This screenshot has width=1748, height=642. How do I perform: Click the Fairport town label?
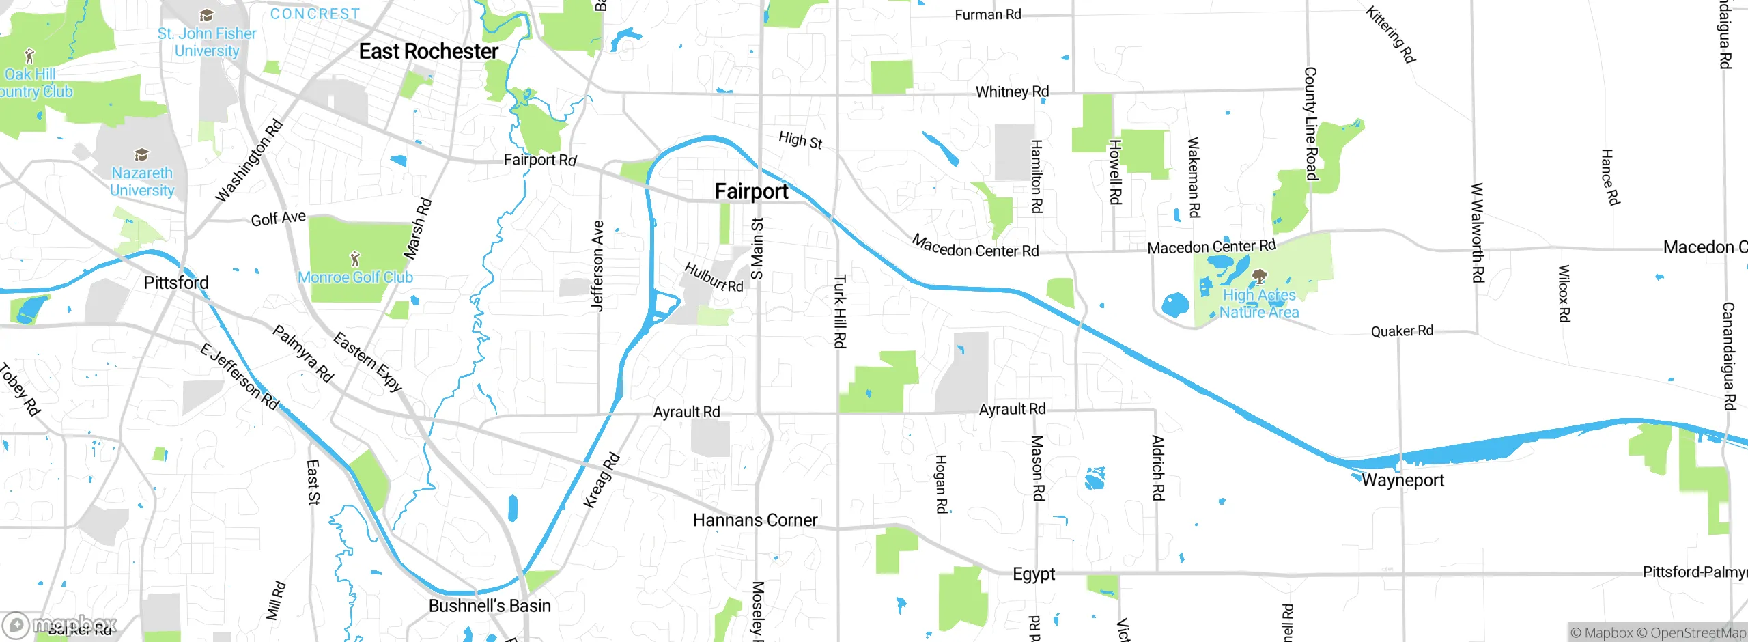click(x=751, y=191)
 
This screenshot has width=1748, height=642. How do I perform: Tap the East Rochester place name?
click(x=428, y=51)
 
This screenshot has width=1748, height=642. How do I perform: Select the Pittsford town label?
click(x=175, y=283)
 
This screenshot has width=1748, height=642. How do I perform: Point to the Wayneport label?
click(x=1402, y=480)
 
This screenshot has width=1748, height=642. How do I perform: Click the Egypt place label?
click(x=1033, y=574)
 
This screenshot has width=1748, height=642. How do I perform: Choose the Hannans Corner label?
click(x=755, y=520)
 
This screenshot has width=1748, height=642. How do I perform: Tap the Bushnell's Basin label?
click(x=489, y=606)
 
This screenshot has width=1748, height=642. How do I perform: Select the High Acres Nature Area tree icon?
click(x=1260, y=277)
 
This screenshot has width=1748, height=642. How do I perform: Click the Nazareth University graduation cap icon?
click(x=141, y=154)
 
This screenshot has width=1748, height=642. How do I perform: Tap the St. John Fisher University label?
click(x=207, y=42)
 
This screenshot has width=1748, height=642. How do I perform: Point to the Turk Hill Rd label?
click(x=840, y=311)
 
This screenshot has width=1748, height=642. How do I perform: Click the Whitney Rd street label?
click(x=1012, y=92)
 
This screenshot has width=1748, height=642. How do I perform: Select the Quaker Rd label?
click(x=1402, y=331)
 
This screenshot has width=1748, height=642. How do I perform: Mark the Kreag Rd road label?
click(x=602, y=480)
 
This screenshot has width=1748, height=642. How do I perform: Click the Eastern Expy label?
click(x=367, y=361)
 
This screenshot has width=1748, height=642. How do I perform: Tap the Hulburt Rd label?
click(x=714, y=277)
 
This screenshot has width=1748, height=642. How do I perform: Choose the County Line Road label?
click(x=1310, y=124)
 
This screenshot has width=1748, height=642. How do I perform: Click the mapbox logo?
click(x=59, y=624)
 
